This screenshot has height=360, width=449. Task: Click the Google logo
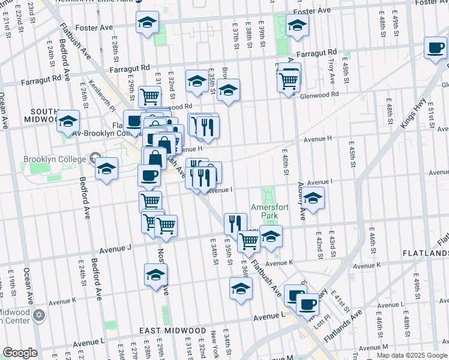coord(20,353)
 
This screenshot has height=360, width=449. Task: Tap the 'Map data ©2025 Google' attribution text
coord(411,355)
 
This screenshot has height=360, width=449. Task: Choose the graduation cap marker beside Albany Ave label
coord(313,197)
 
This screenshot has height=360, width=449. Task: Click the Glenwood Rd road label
coord(319,95)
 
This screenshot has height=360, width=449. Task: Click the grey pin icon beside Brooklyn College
coord(95,159)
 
